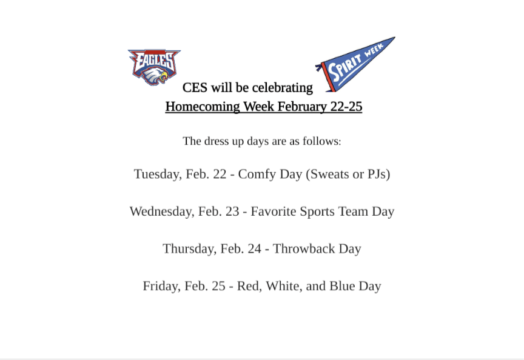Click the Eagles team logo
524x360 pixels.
pyautogui.click(x=154, y=67)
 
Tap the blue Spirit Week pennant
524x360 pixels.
pyautogui.click(x=355, y=64)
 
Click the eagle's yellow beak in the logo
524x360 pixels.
pyautogui.click(x=163, y=78)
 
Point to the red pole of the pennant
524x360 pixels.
pyautogui.click(x=327, y=77)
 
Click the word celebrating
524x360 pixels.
pyautogui.click(x=283, y=87)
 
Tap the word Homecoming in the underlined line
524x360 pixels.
pyautogui.click(x=203, y=107)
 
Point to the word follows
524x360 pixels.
pyautogui.click(x=322, y=141)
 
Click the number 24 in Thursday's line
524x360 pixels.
pyautogui.click(x=255, y=249)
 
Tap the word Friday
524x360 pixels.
pyautogui.click(x=162, y=286)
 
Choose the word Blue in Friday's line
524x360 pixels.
pyautogui.click(x=342, y=286)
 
